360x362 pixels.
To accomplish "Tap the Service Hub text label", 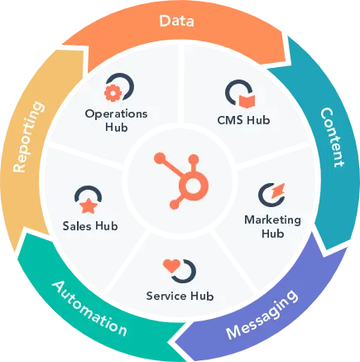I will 180,296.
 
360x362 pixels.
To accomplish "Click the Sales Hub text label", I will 89,224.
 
